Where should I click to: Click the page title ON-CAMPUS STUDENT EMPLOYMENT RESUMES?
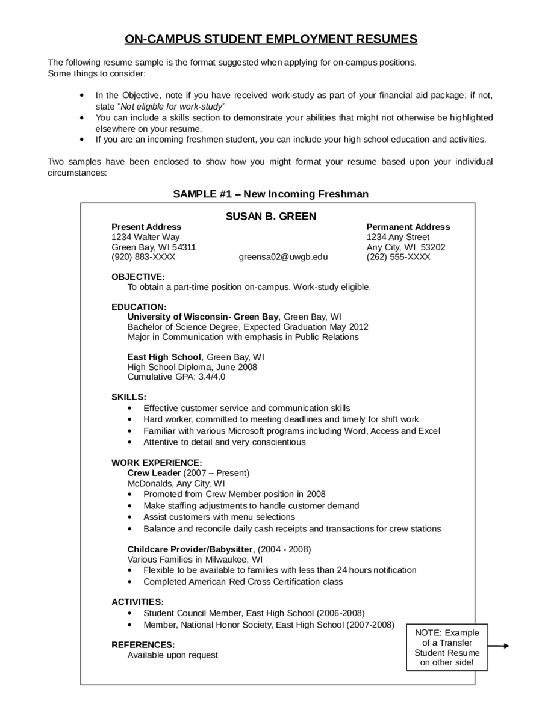(x=270, y=39)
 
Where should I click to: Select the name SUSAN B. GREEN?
(x=270, y=216)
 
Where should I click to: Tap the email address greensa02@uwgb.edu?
(x=283, y=257)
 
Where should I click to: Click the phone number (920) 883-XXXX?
(x=143, y=257)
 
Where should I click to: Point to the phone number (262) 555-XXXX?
(x=398, y=257)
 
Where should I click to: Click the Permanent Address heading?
(x=408, y=227)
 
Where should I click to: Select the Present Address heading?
(x=146, y=227)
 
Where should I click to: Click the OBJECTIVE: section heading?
(x=138, y=277)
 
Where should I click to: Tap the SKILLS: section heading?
(x=129, y=397)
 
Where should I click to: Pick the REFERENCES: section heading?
(x=143, y=644)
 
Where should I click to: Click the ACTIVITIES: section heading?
(x=137, y=602)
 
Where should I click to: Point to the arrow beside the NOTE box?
(x=498, y=647)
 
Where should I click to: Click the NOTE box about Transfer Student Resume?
(x=447, y=647)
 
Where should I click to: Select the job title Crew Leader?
(x=154, y=473)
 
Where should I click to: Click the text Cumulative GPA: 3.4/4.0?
(x=176, y=377)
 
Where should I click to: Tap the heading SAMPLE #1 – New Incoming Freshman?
(x=270, y=194)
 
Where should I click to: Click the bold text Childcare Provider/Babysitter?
(x=191, y=549)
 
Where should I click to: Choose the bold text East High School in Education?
(x=164, y=357)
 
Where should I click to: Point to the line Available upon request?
(x=173, y=655)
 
